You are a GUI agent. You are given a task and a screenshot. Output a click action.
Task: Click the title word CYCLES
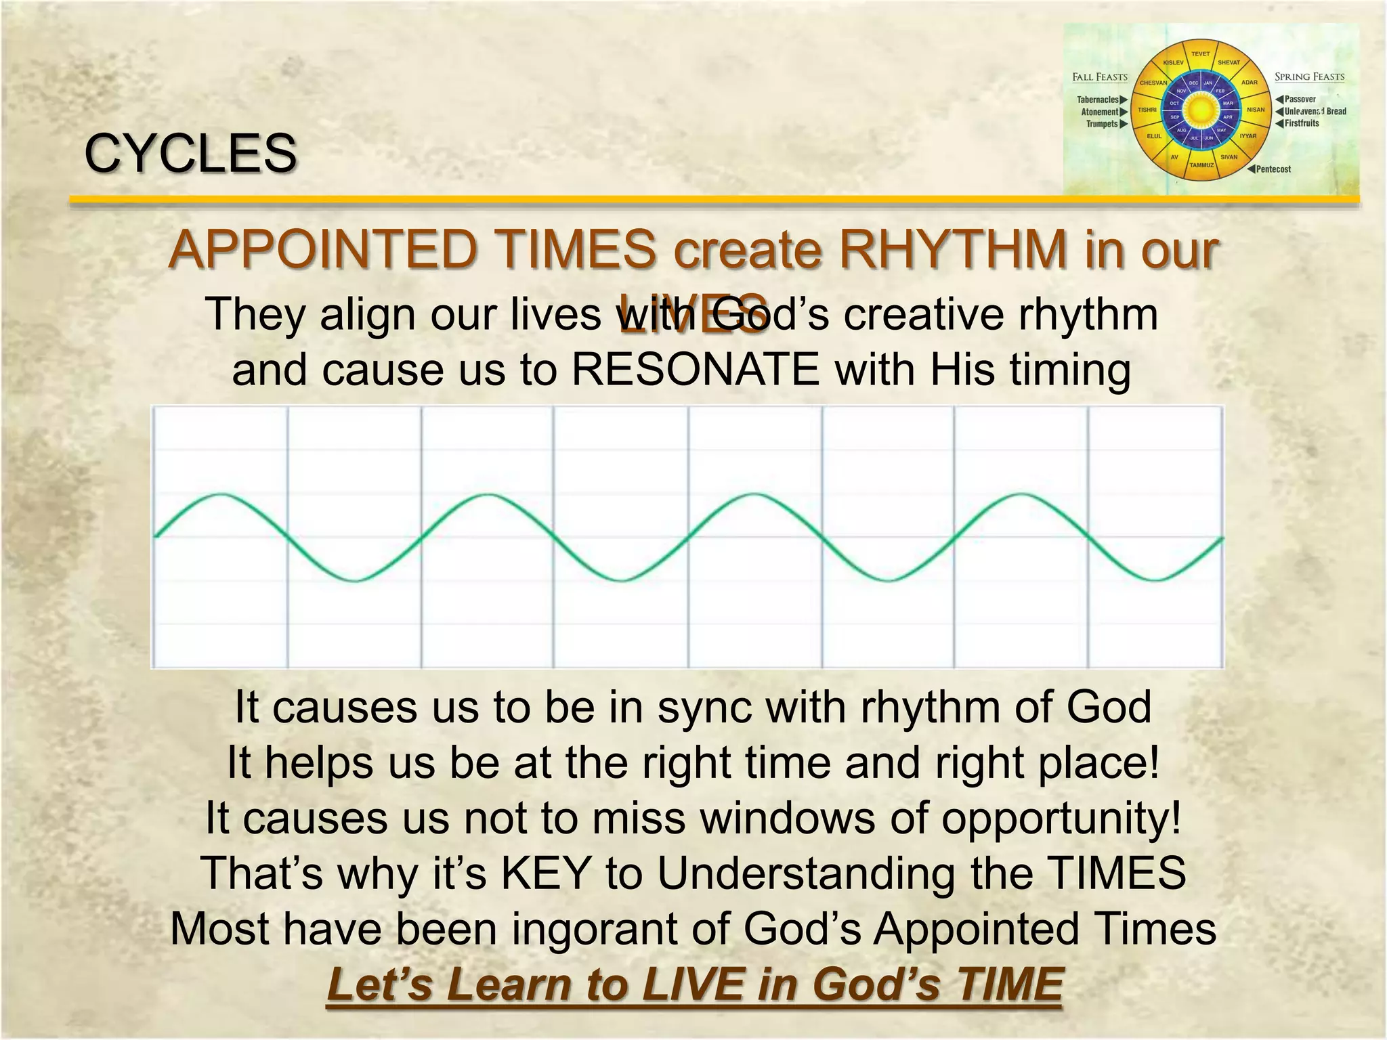click(x=190, y=153)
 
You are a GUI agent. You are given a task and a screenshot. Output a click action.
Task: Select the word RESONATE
click(x=696, y=370)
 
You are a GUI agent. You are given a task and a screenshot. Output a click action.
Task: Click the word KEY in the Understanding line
click(x=545, y=873)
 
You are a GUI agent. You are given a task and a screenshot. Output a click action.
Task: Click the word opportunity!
click(x=1061, y=817)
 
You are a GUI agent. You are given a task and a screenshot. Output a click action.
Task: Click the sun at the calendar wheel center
click(x=1200, y=109)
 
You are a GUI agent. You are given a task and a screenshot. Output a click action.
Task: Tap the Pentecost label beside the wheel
click(x=1273, y=169)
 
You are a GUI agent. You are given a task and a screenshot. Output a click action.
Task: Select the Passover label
click(x=1300, y=100)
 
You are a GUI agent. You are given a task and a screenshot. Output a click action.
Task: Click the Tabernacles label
click(x=1098, y=100)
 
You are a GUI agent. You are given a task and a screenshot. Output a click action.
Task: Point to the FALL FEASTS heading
click(x=1100, y=77)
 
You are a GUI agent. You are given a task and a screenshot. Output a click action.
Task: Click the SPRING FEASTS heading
click(x=1309, y=77)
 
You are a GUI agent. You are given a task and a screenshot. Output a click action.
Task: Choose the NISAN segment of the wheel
click(x=1256, y=110)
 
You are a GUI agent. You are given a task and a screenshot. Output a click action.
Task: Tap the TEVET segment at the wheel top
click(x=1200, y=54)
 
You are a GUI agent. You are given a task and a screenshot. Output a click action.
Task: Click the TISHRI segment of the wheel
click(x=1147, y=110)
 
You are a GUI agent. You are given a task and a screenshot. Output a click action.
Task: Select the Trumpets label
click(x=1102, y=124)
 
